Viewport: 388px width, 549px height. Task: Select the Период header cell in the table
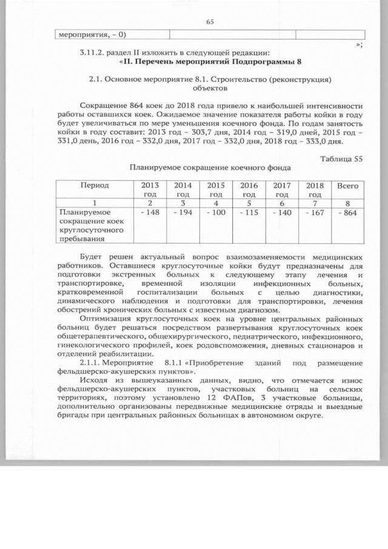(x=93, y=185)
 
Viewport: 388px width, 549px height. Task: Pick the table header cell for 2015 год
(x=215, y=189)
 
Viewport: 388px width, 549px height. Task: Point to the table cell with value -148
(x=149, y=214)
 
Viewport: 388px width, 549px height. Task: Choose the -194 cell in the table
(x=182, y=214)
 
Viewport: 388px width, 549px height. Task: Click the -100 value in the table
(x=215, y=214)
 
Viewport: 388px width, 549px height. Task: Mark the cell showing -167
(x=315, y=214)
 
